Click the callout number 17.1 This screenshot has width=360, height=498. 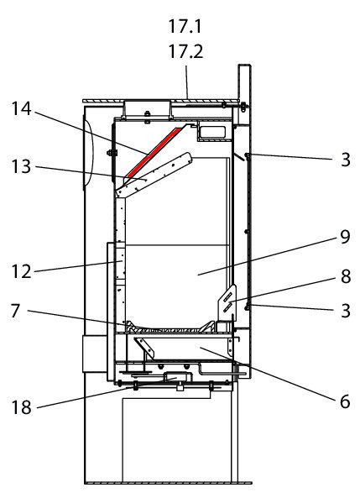pos(185,26)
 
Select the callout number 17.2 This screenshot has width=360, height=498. pos(185,51)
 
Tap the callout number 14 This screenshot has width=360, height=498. pos(22,108)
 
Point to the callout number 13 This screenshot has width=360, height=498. pos(21,166)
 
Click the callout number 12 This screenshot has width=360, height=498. pos(21,271)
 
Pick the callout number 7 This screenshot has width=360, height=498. pos(16,311)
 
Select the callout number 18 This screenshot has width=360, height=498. pos(22,406)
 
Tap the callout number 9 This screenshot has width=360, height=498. pos(345,237)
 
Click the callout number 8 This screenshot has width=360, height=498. pos(346,276)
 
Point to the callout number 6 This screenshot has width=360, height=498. pos(345,401)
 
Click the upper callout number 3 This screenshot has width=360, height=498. pos(346,160)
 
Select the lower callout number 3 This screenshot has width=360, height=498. pos(346,311)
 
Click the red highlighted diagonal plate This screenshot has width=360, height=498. pos(154,152)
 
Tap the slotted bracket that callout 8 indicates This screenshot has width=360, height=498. pos(227,303)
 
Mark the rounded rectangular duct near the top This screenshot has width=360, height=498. pos(211,132)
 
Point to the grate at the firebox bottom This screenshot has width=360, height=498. pos(170,328)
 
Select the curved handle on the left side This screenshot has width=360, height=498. pos(89,153)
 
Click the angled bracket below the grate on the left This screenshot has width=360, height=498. pos(145,347)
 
